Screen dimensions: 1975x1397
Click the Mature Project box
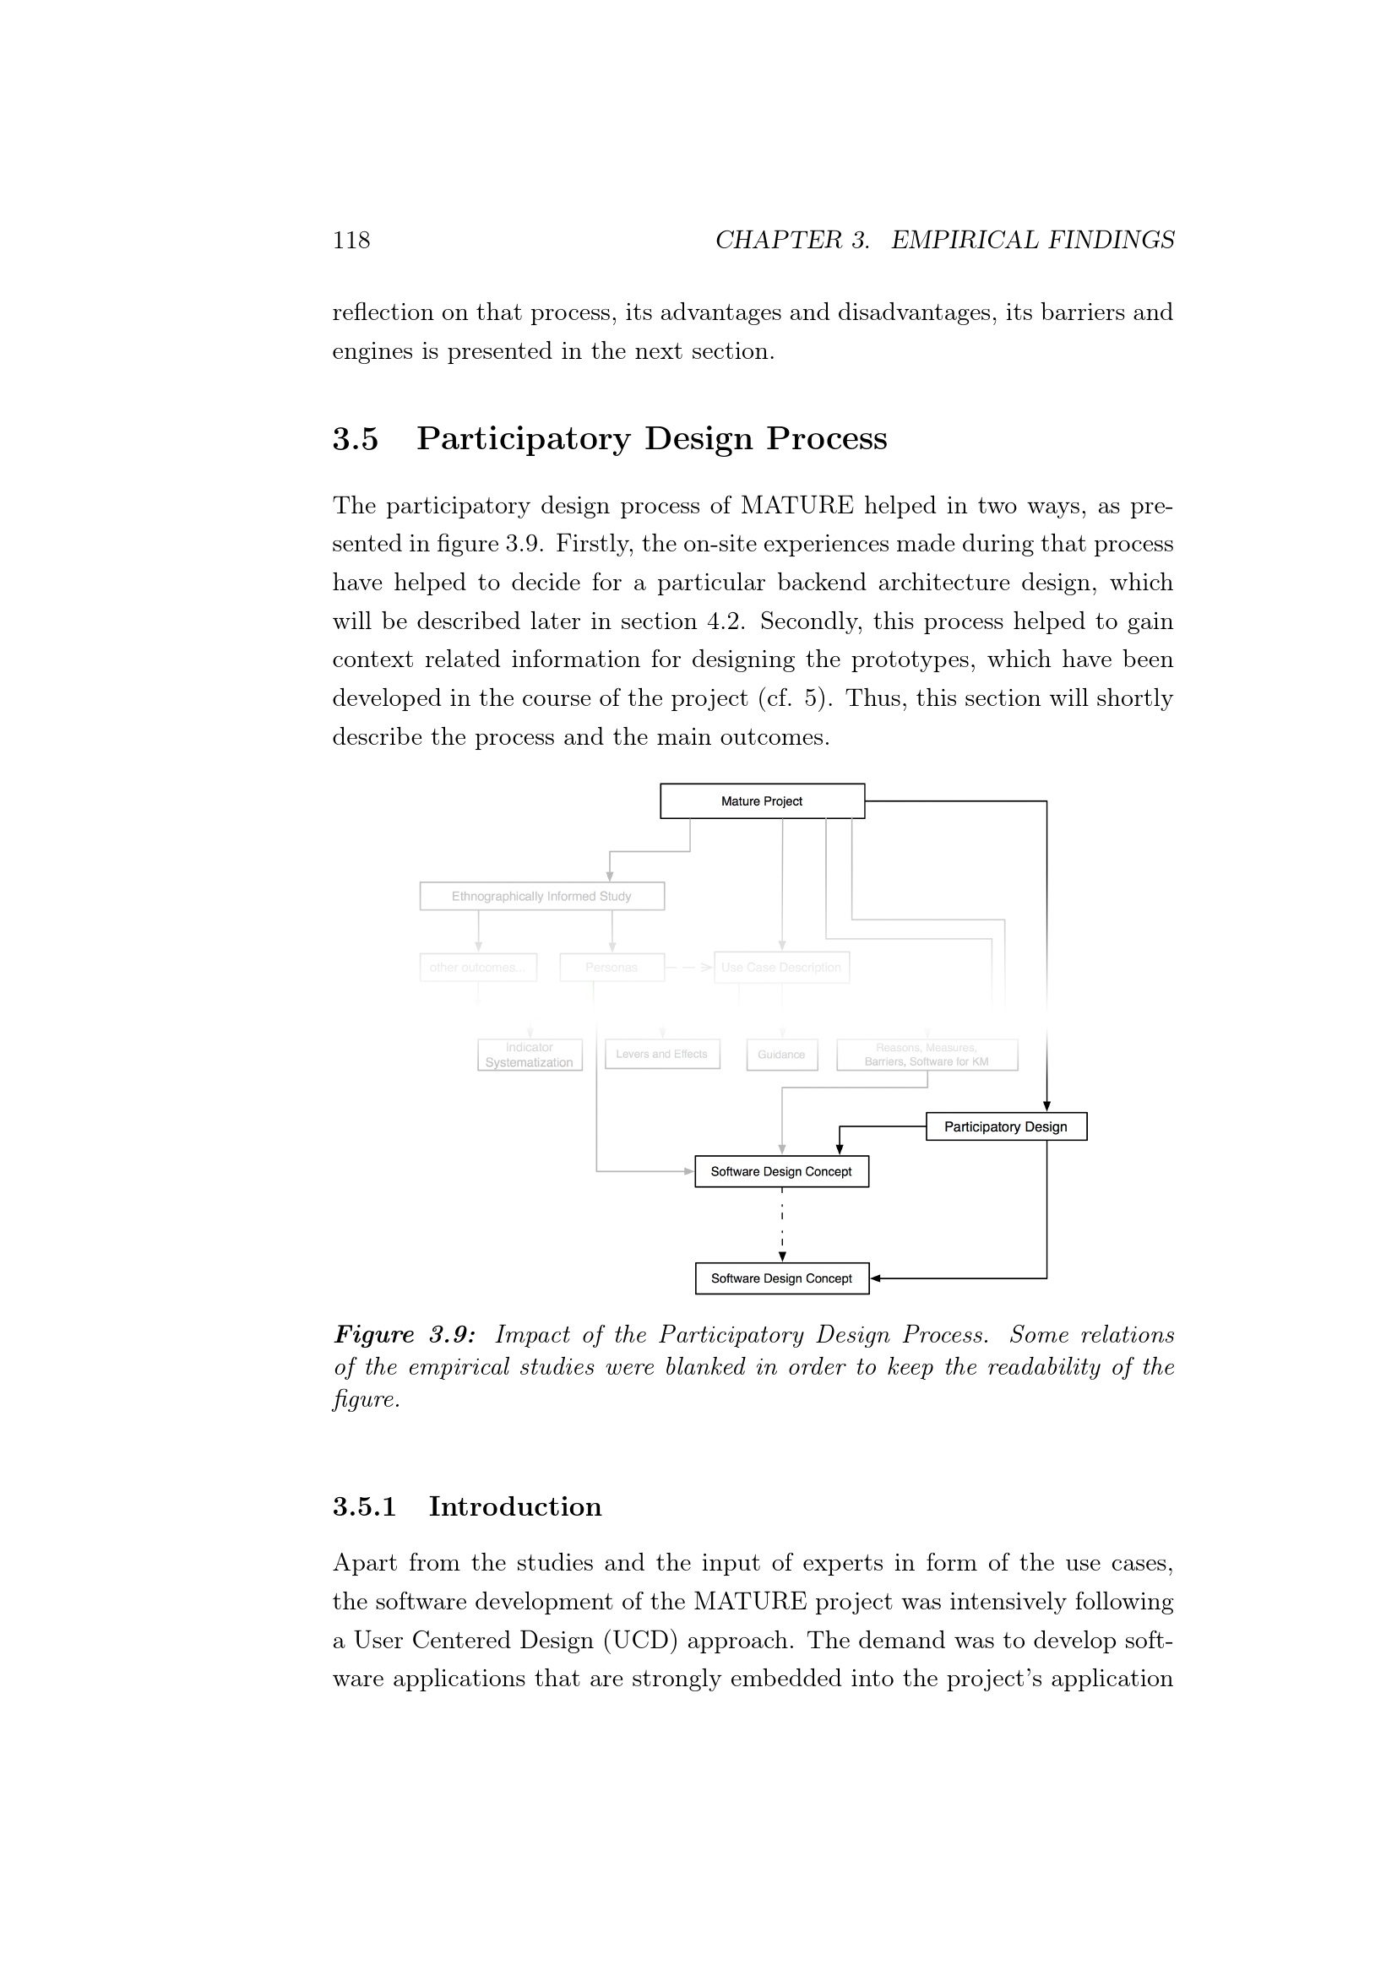[x=762, y=800]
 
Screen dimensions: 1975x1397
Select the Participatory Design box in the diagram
[x=1006, y=1127]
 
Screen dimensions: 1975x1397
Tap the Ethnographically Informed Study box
[x=541, y=897]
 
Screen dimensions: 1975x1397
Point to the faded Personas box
[x=612, y=968]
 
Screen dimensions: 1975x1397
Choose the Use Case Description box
[x=781, y=968]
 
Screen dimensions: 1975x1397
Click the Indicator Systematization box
[x=529, y=1055]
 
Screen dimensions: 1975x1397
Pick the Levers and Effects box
[x=661, y=1055]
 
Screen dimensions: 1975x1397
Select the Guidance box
[x=781, y=1055]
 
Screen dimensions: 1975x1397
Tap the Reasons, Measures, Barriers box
[x=927, y=1055]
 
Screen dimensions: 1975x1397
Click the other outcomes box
[x=477, y=968]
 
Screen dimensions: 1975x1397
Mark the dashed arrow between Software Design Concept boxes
[x=782, y=1225]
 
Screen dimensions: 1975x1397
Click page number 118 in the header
[x=351, y=240]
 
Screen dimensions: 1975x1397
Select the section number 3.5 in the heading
[x=356, y=439]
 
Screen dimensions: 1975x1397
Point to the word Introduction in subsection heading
[x=515, y=1506]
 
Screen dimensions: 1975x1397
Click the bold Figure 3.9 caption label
[x=405, y=1335]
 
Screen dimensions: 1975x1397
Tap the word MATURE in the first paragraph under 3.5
[x=796, y=506]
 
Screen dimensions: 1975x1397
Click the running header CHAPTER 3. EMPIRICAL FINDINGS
[x=944, y=240]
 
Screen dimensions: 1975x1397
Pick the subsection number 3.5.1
[x=365, y=1506]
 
